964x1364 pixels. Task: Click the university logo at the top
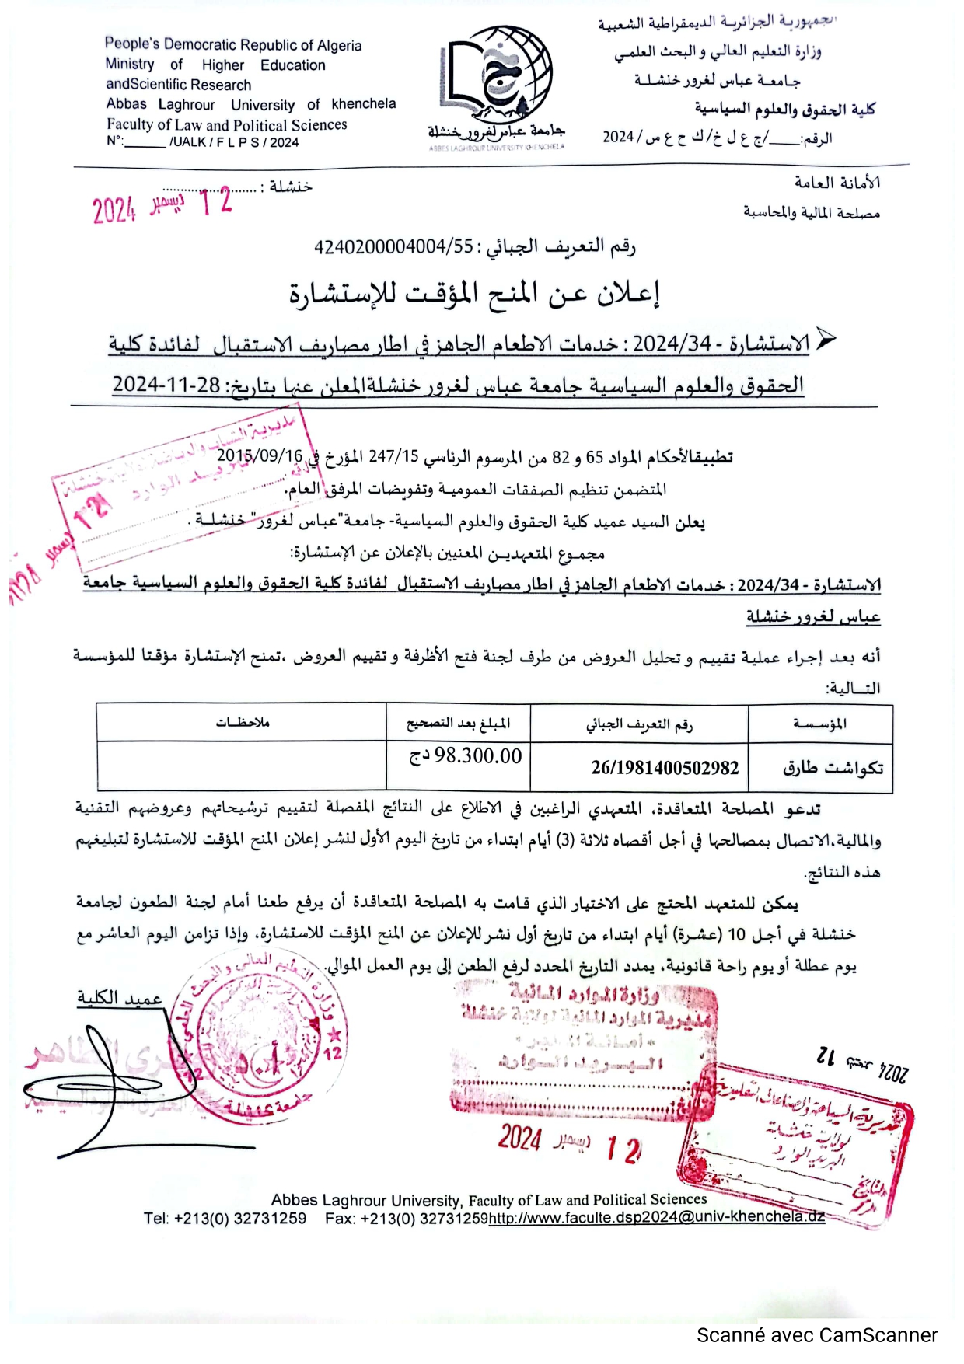pos(496,78)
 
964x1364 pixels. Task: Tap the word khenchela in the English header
pos(363,104)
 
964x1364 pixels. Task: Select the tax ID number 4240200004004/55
pos(393,247)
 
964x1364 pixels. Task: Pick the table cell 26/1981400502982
pos(665,768)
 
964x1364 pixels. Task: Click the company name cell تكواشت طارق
pos(833,768)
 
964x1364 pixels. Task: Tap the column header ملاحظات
pos(243,723)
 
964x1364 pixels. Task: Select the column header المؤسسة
pos(820,724)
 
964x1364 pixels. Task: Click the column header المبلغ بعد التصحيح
pos(459,724)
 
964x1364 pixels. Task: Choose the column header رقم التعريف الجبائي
pos(639,725)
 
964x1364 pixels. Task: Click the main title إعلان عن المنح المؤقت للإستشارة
pos(474,294)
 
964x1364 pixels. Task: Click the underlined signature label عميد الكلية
pos(119,998)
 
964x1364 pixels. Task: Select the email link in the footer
pos(657,1217)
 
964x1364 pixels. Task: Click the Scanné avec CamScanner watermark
pos(816,1335)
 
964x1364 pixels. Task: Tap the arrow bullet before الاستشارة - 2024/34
pos(826,339)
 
